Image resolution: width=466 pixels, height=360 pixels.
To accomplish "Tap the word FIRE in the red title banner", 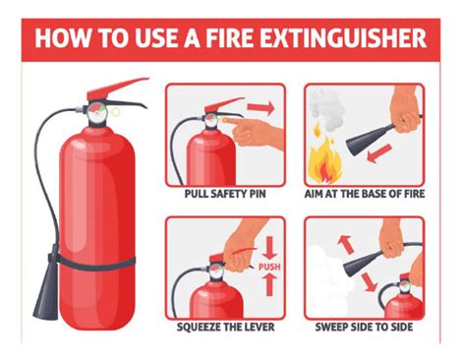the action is click(x=229, y=38).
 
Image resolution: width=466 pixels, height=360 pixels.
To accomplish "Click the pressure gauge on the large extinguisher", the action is click(x=96, y=112).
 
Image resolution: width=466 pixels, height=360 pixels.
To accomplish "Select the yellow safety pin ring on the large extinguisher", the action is click(x=116, y=112).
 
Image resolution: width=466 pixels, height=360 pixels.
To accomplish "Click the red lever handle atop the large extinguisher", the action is click(x=115, y=88).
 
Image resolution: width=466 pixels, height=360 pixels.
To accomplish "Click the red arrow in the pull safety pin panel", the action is click(x=261, y=107).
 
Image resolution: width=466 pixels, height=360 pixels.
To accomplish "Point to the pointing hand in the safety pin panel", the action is click(x=253, y=132).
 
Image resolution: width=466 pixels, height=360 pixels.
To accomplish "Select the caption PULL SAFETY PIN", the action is click(x=225, y=194).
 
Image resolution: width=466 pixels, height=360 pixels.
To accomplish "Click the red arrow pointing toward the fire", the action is click(x=379, y=153).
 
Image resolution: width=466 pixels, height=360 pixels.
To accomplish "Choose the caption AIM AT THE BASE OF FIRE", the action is click(x=365, y=194).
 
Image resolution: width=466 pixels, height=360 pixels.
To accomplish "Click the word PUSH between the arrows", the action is click(x=269, y=267).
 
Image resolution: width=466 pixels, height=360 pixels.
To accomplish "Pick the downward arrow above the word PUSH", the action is click(x=269, y=248).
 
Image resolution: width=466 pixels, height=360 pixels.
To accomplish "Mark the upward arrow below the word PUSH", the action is click(x=269, y=285).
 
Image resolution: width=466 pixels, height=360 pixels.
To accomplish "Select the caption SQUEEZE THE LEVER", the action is click(x=225, y=327).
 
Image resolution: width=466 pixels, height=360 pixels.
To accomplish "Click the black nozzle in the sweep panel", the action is click(x=363, y=263).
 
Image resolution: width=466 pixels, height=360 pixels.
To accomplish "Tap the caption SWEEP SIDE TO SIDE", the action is click(x=364, y=327).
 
